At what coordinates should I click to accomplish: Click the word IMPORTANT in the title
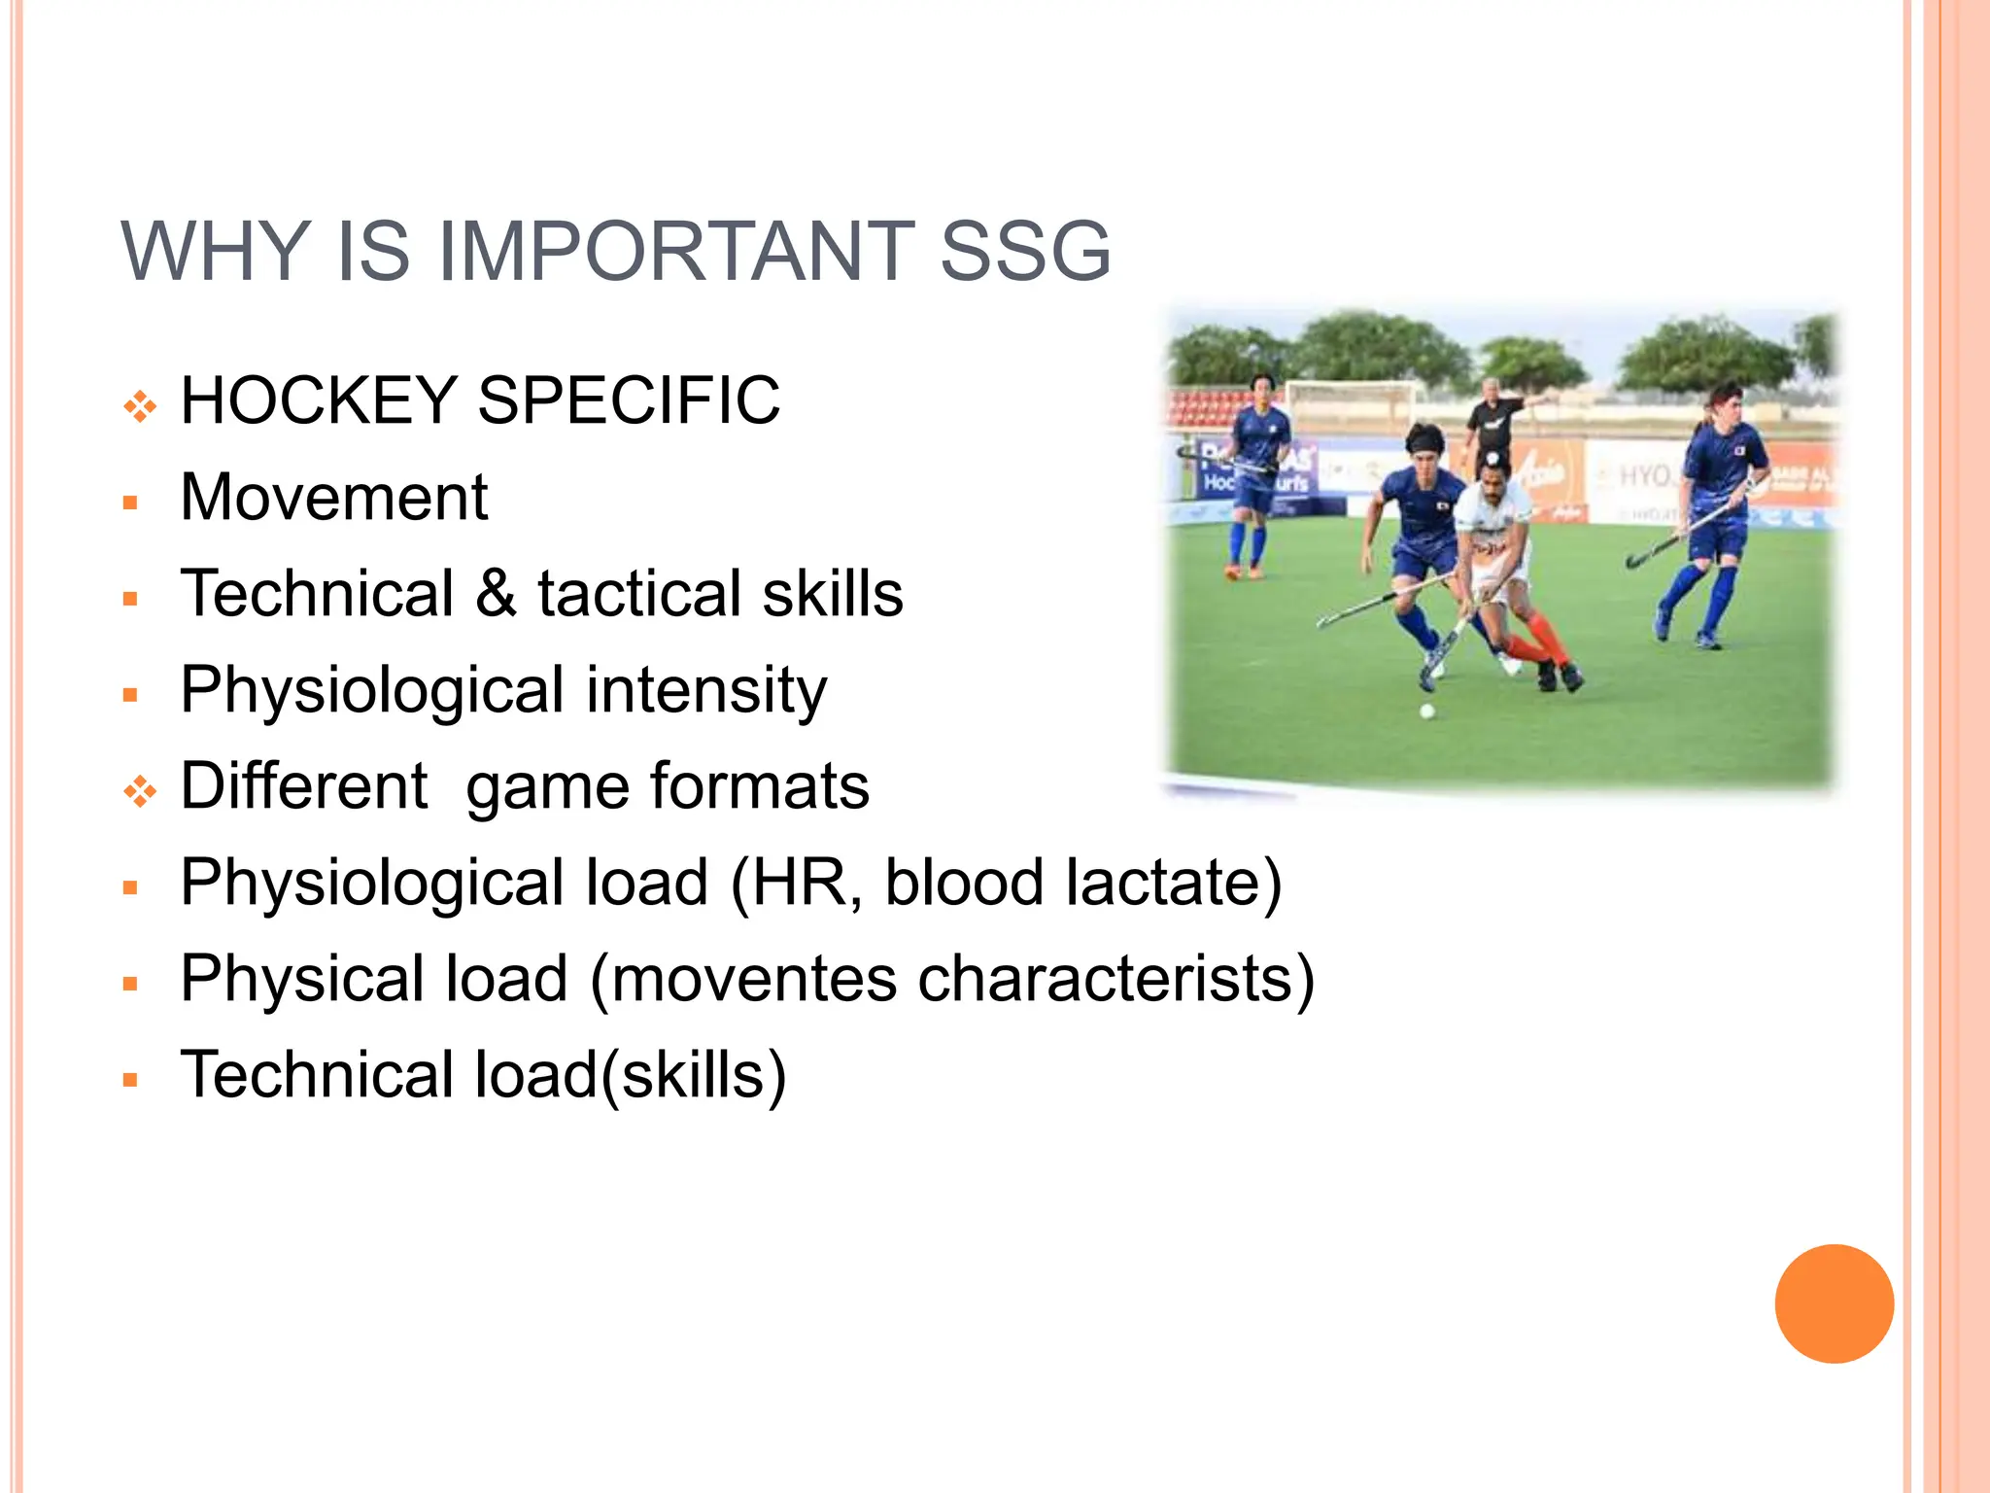tap(676, 252)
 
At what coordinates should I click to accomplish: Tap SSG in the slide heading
tap(1025, 252)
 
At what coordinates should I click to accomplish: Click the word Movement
tap(333, 498)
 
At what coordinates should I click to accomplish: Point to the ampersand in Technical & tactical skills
tap(496, 593)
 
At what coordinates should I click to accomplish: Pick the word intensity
tap(706, 690)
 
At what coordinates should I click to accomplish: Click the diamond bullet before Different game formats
tap(140, 792)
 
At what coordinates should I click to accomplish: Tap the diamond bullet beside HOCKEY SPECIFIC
tap(140, 406)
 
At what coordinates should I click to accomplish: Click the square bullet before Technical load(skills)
tap(131, 1080)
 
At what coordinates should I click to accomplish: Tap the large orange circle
tap(1834, 1303)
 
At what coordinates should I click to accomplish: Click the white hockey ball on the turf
tap(1427, 712)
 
